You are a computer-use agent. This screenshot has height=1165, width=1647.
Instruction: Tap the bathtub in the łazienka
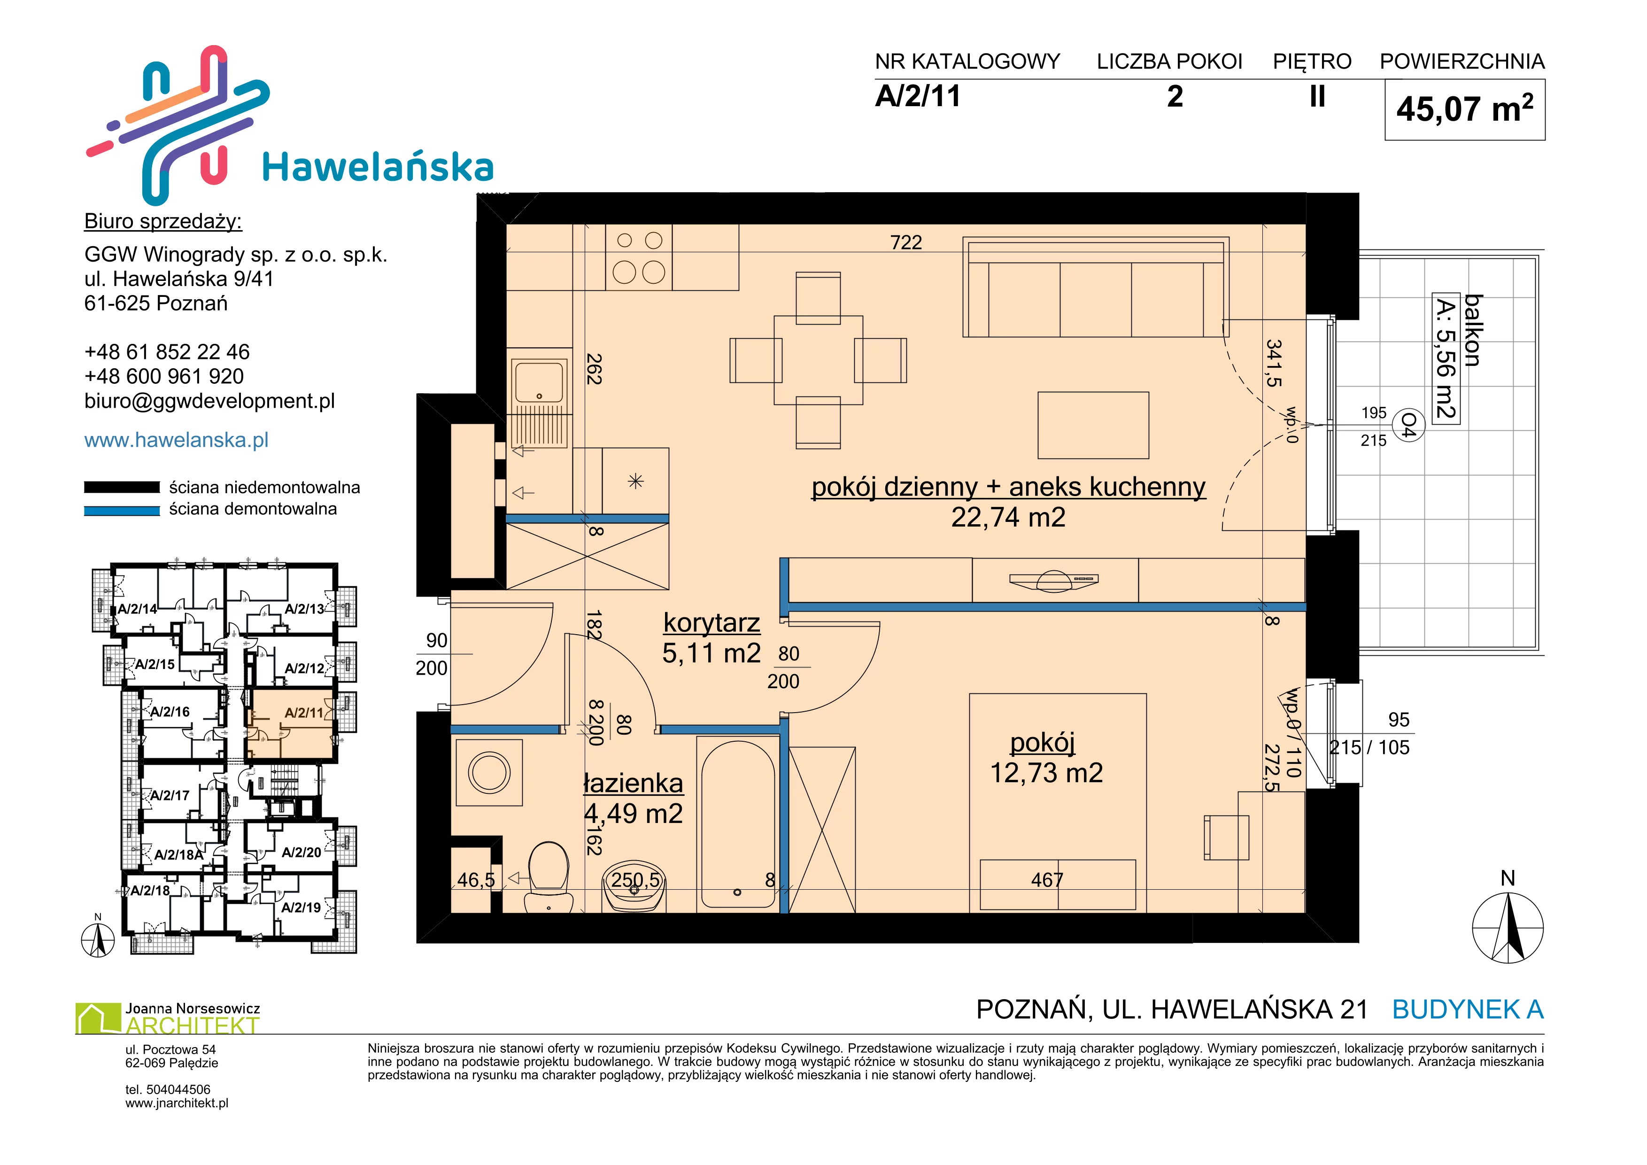pyautogui.click(x=737, y=824)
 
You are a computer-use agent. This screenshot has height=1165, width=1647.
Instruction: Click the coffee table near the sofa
pyautogui.click(x=1093, y=425)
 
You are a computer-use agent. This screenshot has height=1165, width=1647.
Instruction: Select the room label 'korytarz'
pyautogui.click(x=711, y=623)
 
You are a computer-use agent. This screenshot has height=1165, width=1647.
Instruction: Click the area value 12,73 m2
pyautogui.click(x=1047, y=773)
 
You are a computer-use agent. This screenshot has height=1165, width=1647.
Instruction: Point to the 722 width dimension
pyautogui.click(x=906, y=242)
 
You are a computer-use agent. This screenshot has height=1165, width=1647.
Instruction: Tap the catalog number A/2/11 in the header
pyautogui.click(x=918, y=96)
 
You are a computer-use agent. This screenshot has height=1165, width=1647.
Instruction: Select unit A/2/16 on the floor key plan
pyautogui.click(x=170, y=712)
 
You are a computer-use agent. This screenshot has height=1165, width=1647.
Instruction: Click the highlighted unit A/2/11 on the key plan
pyautogui.click(x=291, y=724)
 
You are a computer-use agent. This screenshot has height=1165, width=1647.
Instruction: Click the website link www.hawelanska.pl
pyautogui.click(x=177, y=440)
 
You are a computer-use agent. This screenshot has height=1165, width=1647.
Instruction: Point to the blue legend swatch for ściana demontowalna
pyautogui.click(x=122, y=511)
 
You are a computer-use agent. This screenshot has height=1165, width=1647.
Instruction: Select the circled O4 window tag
pyautogui.click(x=1407, y=426)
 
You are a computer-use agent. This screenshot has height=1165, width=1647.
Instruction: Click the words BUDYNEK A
pyautogui.click(x=1468, y=1010)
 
